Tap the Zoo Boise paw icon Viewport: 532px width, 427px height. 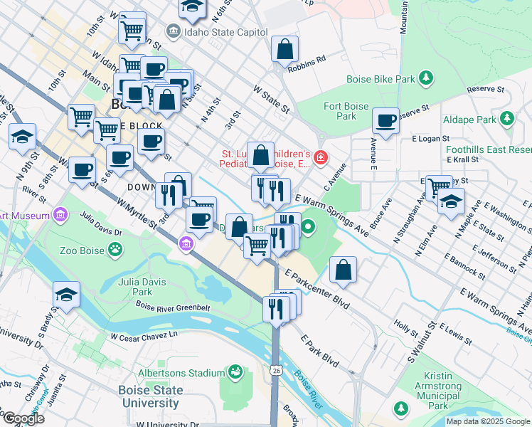[115, 250]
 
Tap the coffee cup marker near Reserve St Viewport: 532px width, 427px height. [385, 121]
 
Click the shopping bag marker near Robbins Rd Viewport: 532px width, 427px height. [284, 50]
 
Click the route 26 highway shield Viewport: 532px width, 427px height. [275, 370]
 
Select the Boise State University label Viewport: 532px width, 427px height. [142, 396]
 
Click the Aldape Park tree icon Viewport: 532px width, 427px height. [507, 118]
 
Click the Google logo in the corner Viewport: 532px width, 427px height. [23, 418]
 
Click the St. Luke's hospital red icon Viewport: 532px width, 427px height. [321, 157]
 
